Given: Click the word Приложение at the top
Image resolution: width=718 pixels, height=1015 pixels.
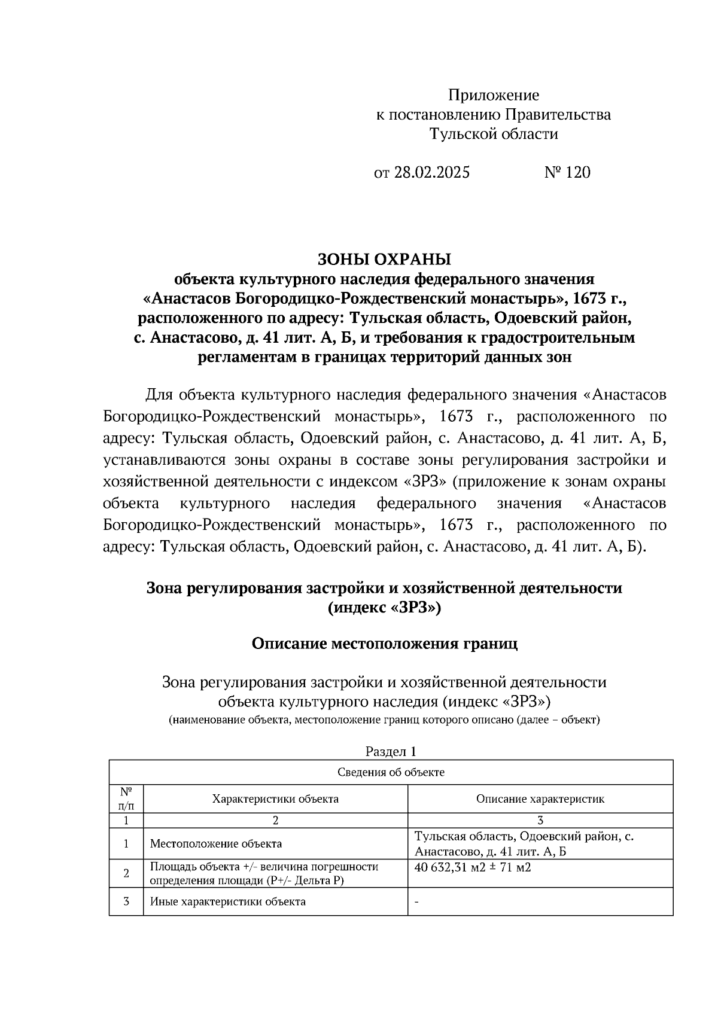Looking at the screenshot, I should coord(494,95).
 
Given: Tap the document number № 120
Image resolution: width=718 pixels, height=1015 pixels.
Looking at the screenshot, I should coord(567,173).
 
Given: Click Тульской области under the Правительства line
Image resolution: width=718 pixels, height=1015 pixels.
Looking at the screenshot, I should coord(494,134).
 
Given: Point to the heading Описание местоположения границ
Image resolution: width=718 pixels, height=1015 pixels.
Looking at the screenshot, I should coord(384,644).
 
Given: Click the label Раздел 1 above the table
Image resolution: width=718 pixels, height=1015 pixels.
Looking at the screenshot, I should coord(390,752).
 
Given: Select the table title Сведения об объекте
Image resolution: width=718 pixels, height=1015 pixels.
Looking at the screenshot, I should coord(391,772).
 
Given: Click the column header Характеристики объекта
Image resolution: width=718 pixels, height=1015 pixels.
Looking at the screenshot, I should coord(275,798).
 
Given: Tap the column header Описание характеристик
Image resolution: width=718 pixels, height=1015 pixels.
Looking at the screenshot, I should coord(540,798).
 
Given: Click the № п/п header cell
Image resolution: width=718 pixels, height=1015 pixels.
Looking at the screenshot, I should coord(126,798).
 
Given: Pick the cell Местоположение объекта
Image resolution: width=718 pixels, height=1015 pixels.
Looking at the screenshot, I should coord(215,844).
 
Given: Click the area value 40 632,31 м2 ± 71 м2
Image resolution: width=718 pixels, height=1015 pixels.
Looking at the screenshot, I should coord(473,867).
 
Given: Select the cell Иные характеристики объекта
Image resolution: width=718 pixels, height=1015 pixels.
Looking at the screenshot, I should coord(227,901).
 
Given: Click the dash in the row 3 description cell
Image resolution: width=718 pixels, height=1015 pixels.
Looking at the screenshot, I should coord(416,902).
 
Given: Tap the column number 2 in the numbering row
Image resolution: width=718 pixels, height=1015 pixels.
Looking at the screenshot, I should coord(275,821).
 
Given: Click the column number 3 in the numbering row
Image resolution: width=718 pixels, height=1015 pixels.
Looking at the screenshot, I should coord(540,821).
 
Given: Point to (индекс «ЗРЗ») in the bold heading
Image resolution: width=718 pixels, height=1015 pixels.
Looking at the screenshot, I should coord(384,608).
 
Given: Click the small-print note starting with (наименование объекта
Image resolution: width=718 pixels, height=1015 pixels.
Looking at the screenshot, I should coord(384,720).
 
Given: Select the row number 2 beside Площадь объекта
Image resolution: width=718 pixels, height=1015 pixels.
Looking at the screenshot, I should coord(126,873).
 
